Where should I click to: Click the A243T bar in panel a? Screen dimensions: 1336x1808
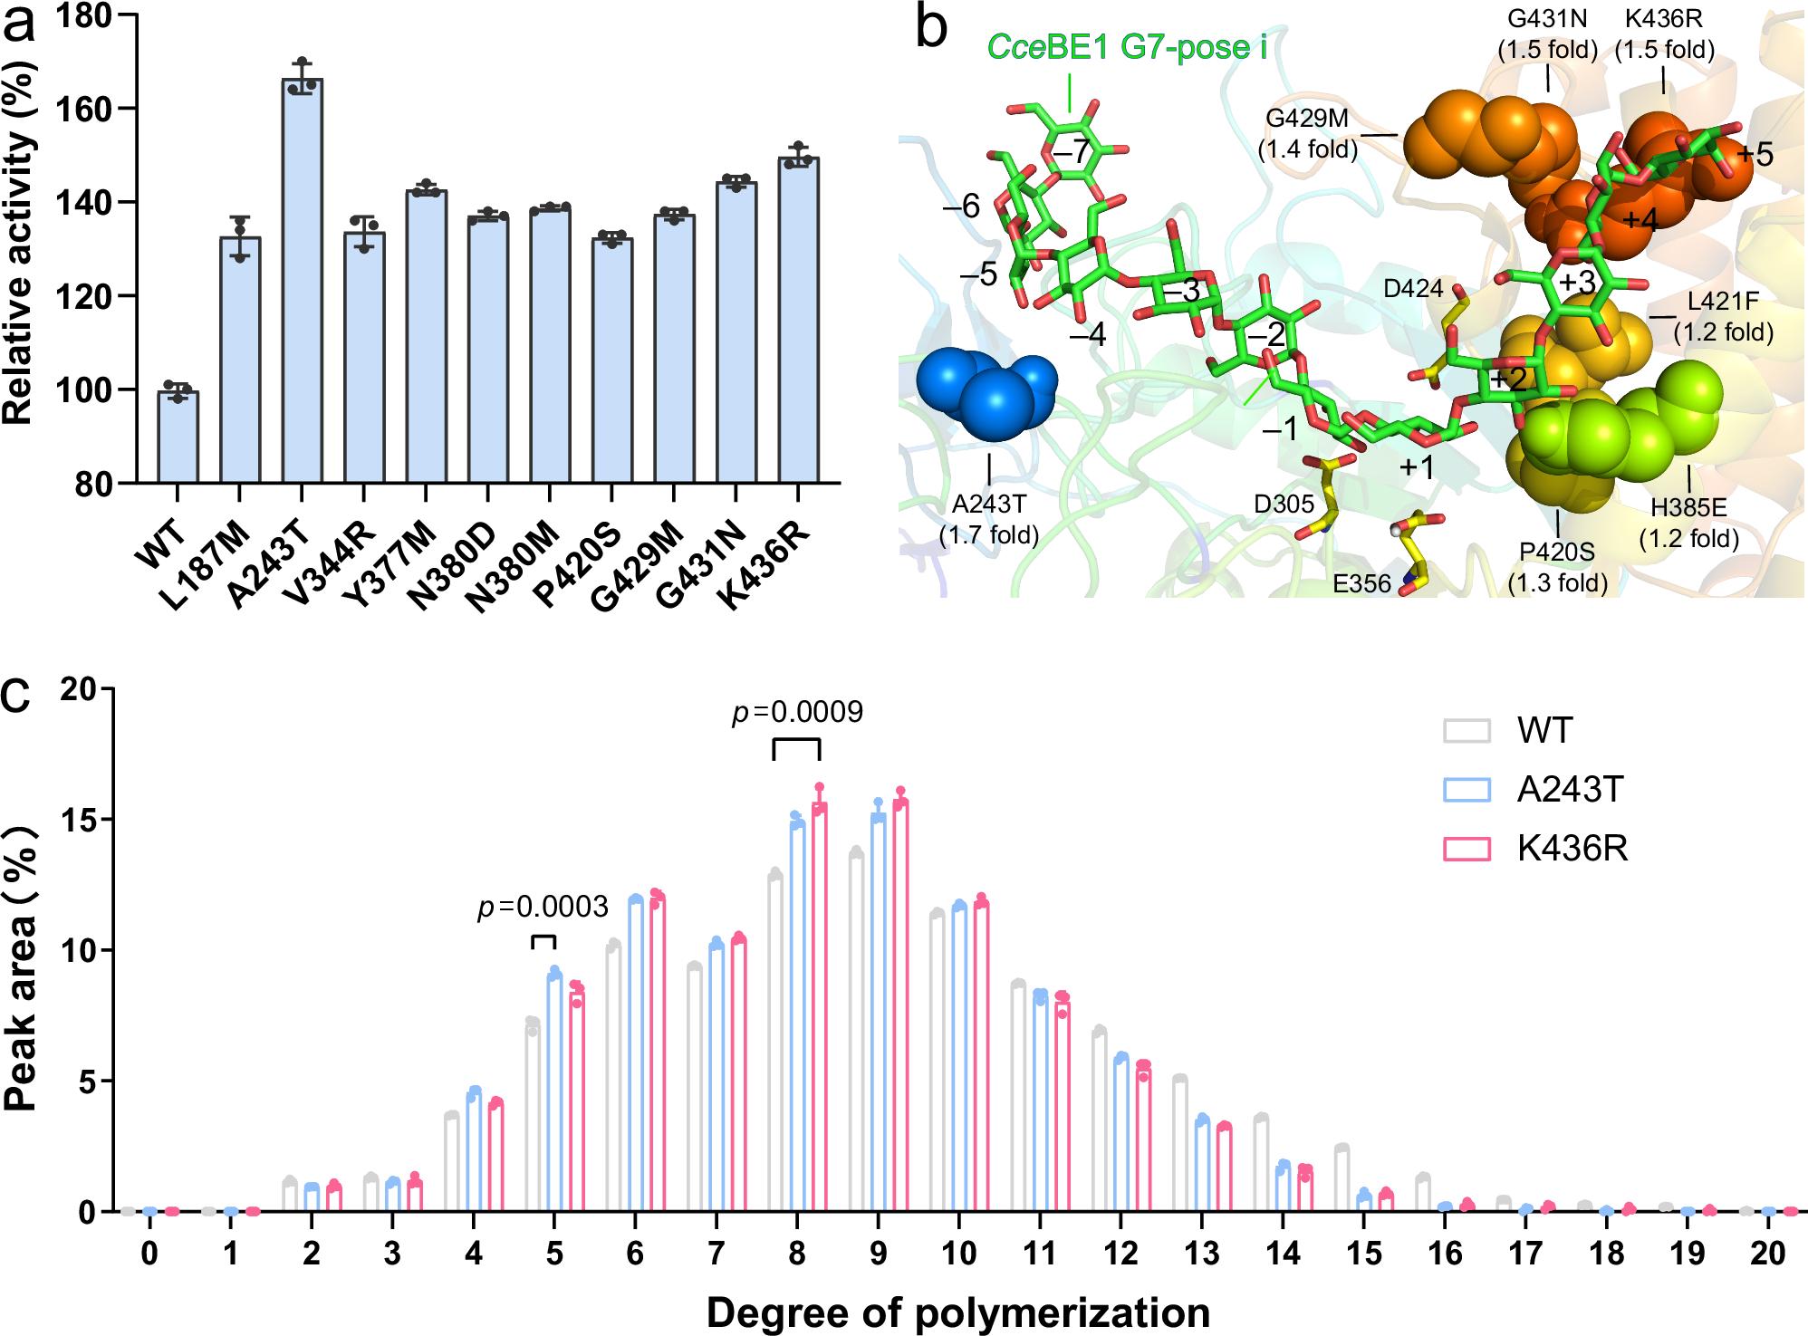(x=302, y=281)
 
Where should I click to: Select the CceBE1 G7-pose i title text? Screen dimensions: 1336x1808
(x=1126, y=47)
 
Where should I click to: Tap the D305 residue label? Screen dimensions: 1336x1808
(x=1283, y=505)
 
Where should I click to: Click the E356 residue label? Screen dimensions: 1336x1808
(x=1361, y=584)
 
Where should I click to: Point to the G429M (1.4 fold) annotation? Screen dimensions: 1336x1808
(x=1307, y=133)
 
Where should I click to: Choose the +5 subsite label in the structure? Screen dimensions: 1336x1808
(x=1754, y=155)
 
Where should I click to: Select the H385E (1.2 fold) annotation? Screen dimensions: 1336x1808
(x=1688, y=523)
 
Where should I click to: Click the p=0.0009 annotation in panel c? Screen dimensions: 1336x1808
(x=797, y=713)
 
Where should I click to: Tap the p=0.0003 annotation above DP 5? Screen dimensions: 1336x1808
(x=543, y=907)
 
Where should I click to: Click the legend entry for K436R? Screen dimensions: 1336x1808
(x=1572, y=849)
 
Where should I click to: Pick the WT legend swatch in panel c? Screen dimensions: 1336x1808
(x=1467, y=731)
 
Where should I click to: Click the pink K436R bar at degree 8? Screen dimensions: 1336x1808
(x=819, y=1005)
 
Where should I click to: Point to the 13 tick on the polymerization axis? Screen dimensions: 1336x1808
(x=1202, y=1254)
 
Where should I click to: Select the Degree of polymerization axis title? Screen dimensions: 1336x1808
(x=957, y=1312)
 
